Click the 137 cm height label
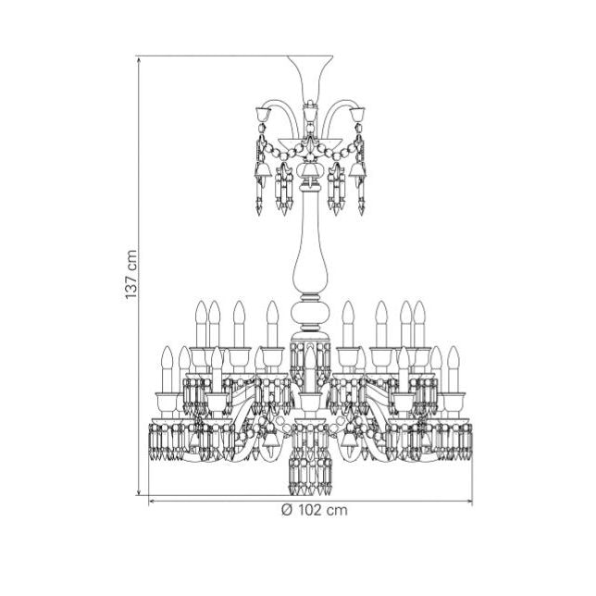[130, 275]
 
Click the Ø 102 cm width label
[315, 510]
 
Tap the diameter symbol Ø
[287, 510]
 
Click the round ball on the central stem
[310, 313]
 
